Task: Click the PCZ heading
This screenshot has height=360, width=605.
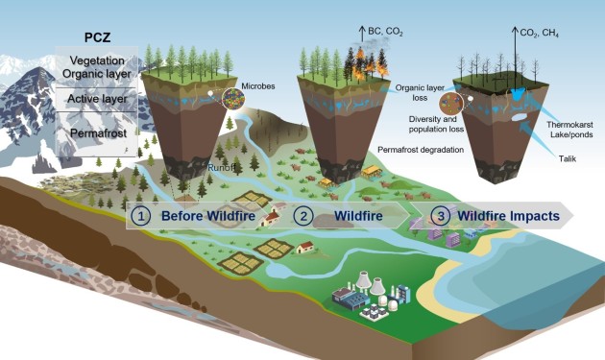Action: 97,37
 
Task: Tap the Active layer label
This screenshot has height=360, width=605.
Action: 97,99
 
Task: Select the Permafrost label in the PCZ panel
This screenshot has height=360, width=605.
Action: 98,133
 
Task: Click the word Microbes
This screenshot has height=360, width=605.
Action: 258,86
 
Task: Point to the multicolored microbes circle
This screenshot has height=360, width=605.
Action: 233,99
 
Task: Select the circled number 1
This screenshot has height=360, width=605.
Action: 140,216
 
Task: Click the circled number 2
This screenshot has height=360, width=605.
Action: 303,216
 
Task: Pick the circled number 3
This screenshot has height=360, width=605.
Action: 440,216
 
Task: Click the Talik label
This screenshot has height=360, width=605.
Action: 568,158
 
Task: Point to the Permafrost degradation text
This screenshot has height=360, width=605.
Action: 421,150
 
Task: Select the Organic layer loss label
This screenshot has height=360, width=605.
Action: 420,92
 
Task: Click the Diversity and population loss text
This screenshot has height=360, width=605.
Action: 436,124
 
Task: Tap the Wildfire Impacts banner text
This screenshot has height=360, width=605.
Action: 509,216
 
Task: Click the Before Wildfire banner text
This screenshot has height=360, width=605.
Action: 208,216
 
